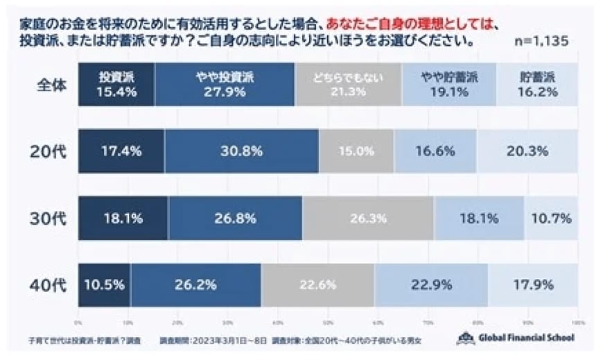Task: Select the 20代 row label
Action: click(53, 151)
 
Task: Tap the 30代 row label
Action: click(53, 218)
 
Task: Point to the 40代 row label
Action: click(53, 284)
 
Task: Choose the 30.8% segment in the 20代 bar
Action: click(241, 151)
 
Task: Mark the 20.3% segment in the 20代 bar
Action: click(527, 151)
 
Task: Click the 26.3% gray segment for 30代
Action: click(368, 218)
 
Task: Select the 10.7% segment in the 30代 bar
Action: click(551, 218)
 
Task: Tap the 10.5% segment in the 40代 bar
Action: click(104, 284)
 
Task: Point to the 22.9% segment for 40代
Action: click(430, 284)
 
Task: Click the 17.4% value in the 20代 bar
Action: click(121, 151)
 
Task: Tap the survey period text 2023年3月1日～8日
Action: click(228, 341)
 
